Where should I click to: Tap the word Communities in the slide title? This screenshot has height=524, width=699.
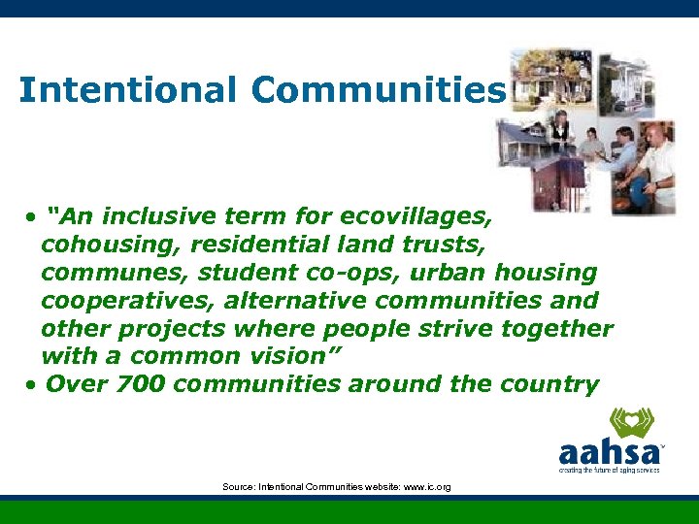pyautogui.click(x=379, y=90)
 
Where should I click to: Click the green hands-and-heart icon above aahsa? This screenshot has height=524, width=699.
pyautogui.click(x=630, y=423)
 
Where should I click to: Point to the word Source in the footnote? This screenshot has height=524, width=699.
pyautogui.click(x=238, y=486)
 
